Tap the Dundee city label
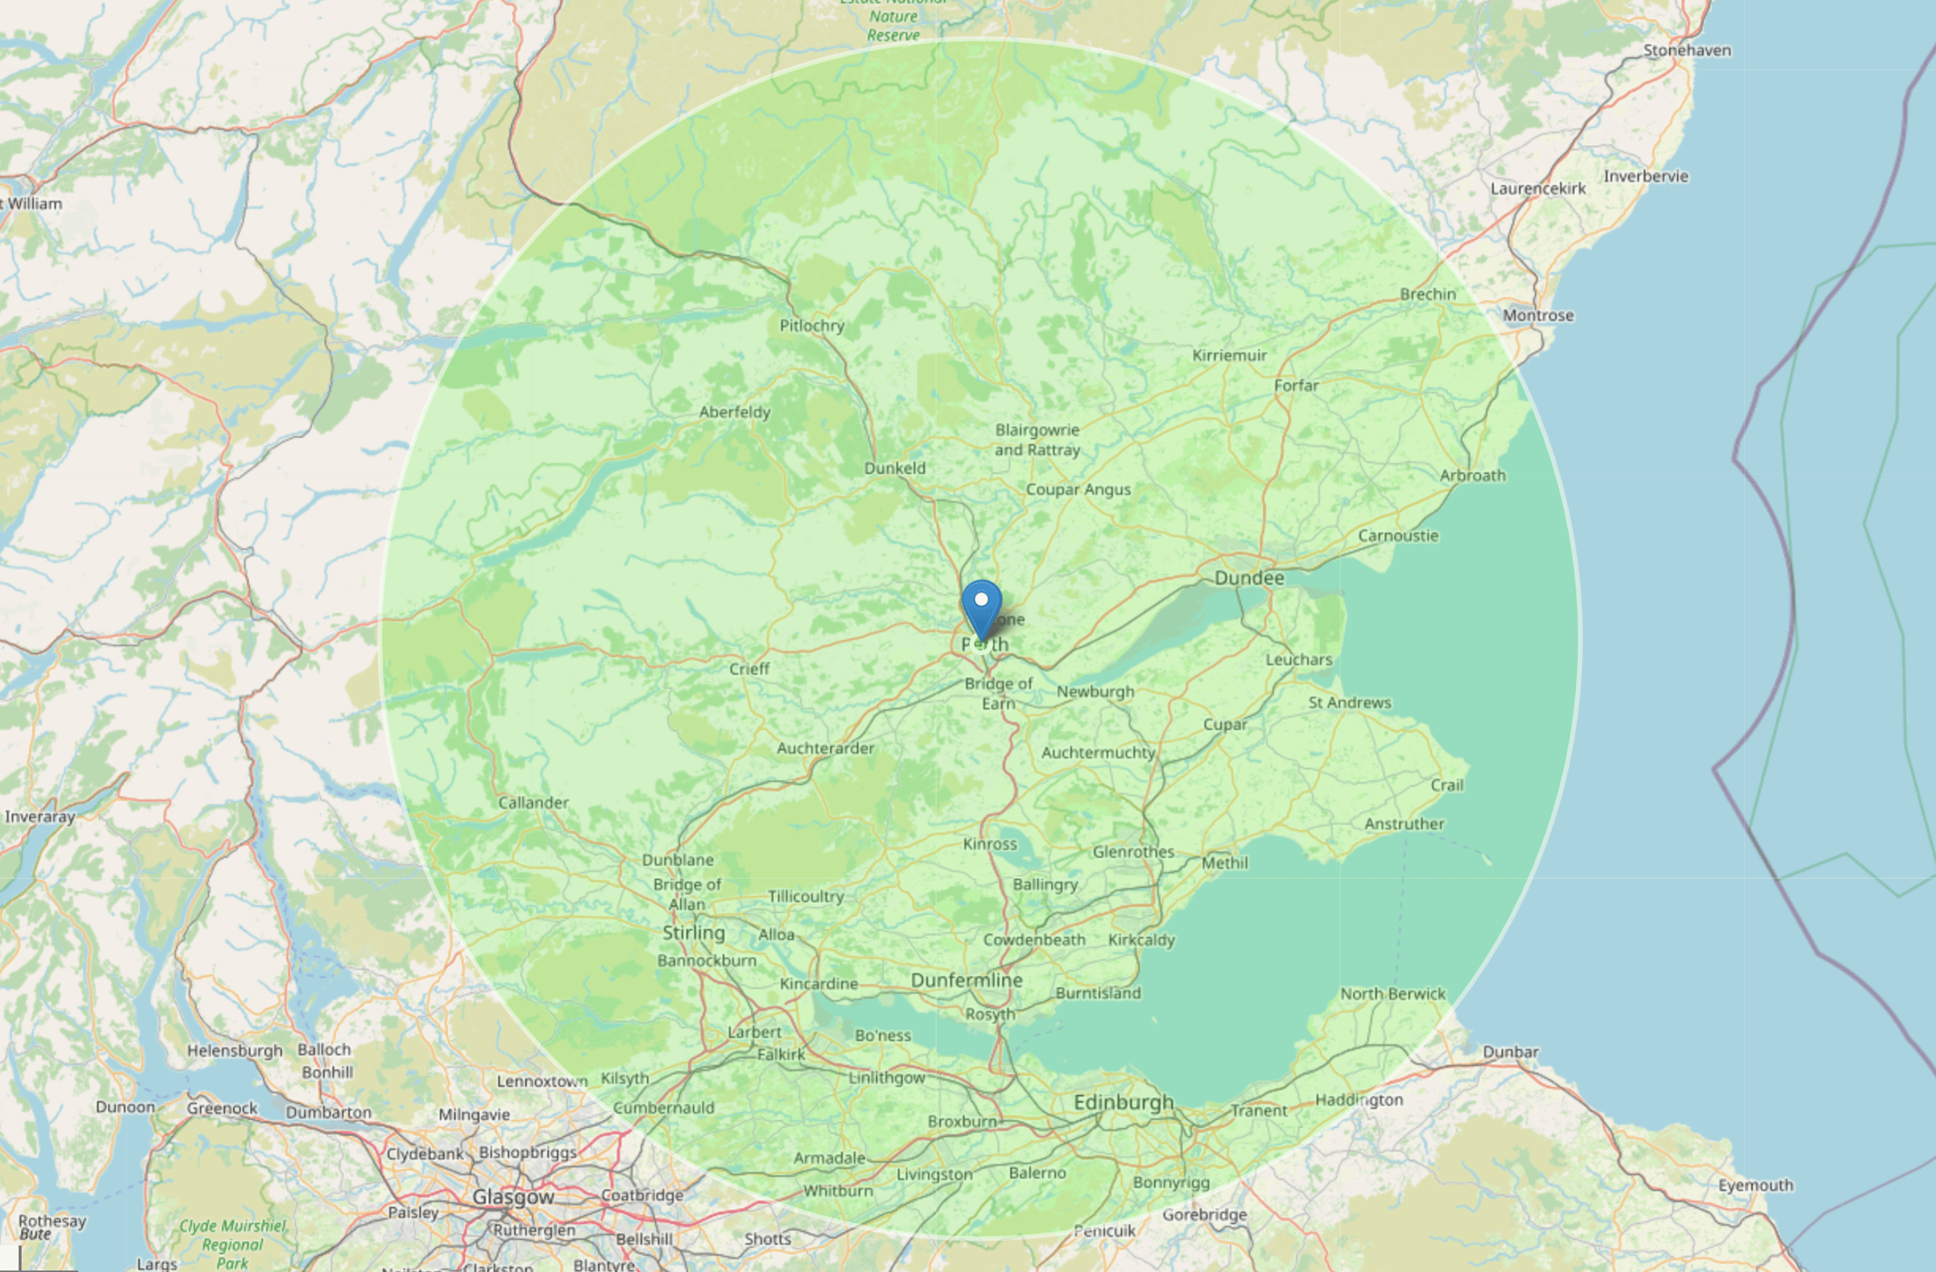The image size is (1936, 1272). coord(1249,578)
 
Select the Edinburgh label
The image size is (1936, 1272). coord(1124,1102)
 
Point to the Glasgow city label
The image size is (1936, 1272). coord(513,1197)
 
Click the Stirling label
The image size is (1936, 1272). coord(693,933)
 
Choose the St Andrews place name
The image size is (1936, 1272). coord(1350,703)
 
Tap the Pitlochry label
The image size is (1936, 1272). coord(812,326)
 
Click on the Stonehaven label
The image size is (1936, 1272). coord(1687,51)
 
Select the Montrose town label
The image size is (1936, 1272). coord(1538,315)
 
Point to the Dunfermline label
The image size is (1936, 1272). coord(966,980)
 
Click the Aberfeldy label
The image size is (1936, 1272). coord(735,412)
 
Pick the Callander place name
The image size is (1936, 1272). coord(534,803)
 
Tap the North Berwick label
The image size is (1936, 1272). coord(1392,994)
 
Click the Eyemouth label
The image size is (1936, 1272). coord(1755,1185)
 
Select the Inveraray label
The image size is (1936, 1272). coord(40,816)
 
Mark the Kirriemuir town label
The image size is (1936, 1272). coord(1229,356)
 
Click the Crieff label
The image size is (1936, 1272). coord(749,669)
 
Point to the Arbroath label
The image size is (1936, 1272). coord(1472,476)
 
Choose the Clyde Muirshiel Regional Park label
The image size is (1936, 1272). coord(232,1245)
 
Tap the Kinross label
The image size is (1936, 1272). coord(990,845)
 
